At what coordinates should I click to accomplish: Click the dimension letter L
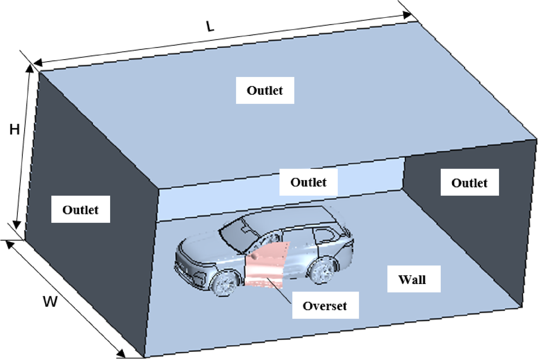tap(211, 27)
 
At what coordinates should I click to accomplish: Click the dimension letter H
tap(15, 130)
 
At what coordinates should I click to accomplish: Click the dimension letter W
tap(50, 302)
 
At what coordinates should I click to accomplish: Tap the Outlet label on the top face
tap(265, 90)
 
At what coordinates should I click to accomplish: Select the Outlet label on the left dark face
tap(80, 210)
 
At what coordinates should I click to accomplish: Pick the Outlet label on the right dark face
tap(469, 183)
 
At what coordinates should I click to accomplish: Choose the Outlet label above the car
tap(308, 182)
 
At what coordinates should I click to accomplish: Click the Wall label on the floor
tap(412, 280)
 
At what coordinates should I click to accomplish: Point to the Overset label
tap(325, 306)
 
